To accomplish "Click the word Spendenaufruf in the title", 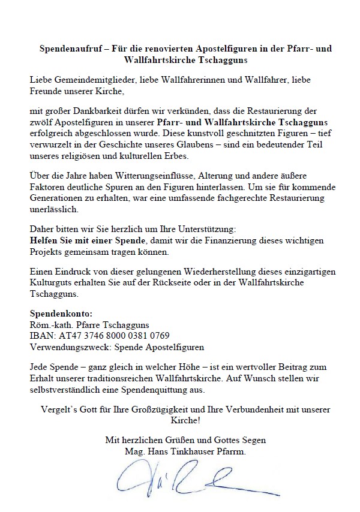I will point(64,47).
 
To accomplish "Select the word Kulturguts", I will point(51,284).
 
